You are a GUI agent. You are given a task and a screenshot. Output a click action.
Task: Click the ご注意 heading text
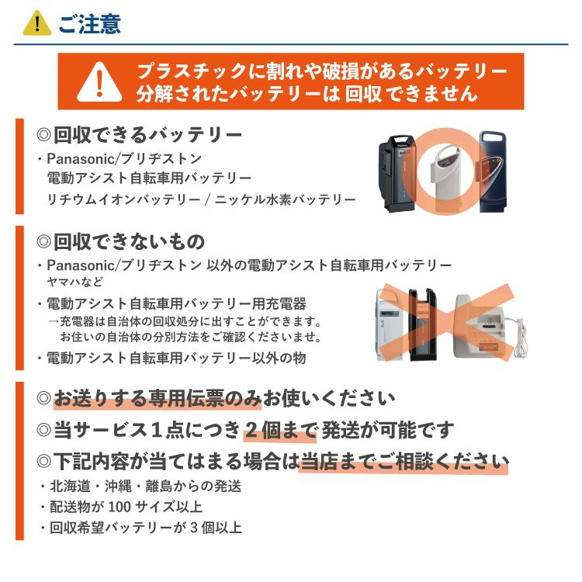pos(89,23)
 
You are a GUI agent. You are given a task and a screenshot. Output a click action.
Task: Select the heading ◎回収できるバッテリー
pos(140,134)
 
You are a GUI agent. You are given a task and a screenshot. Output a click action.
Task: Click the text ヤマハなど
pos(75,282)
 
